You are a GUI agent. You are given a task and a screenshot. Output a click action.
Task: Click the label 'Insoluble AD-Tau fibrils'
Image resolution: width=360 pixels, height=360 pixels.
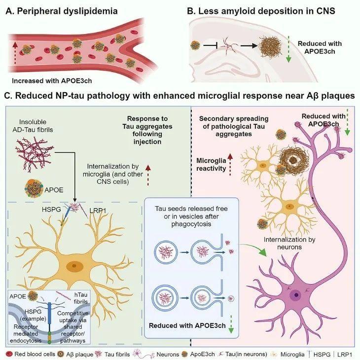click(x=35, y=125)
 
